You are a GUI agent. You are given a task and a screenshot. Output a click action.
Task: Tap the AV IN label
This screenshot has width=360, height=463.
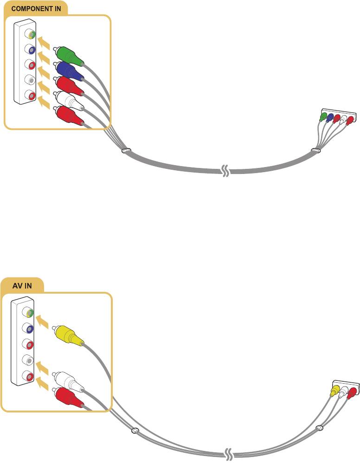pyautogui.click(x=22, y=285)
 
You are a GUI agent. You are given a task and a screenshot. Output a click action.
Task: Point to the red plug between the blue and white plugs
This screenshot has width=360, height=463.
pyautogui.click(x=69, y=86)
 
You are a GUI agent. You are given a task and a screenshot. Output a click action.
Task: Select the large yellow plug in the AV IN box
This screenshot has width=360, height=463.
pyautogui.click(x=69, y=335)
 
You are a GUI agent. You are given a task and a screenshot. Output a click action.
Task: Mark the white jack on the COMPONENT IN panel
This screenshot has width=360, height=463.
pyautogui.click(x=31, y=79)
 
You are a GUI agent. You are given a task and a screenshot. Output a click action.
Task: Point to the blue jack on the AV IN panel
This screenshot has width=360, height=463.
pyautogui.click(x=30, y=329)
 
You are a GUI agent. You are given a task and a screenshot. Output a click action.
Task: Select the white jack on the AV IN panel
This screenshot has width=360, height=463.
pyautogui.click(x=30, y=360)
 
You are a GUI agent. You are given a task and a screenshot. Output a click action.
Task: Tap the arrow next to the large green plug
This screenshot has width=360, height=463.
pyautogui.click(x=43, y=44)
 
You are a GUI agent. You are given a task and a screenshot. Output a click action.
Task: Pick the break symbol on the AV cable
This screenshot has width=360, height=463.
pyautogui.click(x=229, y=455)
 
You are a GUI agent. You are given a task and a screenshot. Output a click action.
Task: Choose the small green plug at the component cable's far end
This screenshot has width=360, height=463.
pyautogui.click(x=324, y=117)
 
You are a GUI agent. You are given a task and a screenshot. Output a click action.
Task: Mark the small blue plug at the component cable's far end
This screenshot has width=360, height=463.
pyautogui.click(x=330, y=118)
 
